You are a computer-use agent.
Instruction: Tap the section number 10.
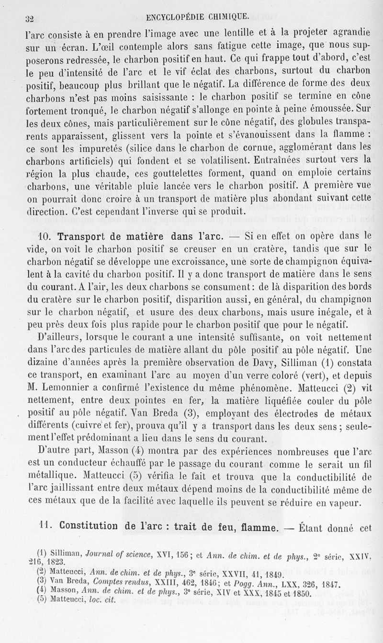click(45, 236)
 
